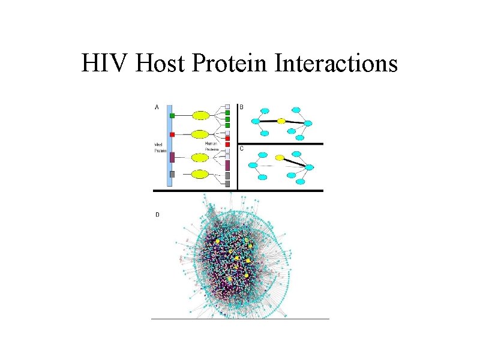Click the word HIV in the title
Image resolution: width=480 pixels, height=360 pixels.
coord(105,63)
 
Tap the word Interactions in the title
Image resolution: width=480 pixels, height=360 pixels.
coord(337,63)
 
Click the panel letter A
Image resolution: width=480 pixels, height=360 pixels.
coord(157,107)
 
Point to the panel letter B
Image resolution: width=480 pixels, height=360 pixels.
coord(242,107)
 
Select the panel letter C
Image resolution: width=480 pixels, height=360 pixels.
coord(242,149)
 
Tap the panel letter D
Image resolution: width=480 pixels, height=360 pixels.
coord(157,214)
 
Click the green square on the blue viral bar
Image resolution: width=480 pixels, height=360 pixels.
coord(172,115)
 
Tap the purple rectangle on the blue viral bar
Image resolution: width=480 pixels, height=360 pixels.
coord(172,157)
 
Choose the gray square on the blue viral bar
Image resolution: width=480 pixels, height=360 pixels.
coord(172,174)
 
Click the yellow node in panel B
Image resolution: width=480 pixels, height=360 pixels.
coord(281,121)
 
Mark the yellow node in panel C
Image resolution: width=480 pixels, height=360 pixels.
coord(279,158)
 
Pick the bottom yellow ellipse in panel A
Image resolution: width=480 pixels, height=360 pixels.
coord(200,175)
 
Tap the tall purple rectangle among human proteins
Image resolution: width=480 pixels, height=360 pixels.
coord(227,164)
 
